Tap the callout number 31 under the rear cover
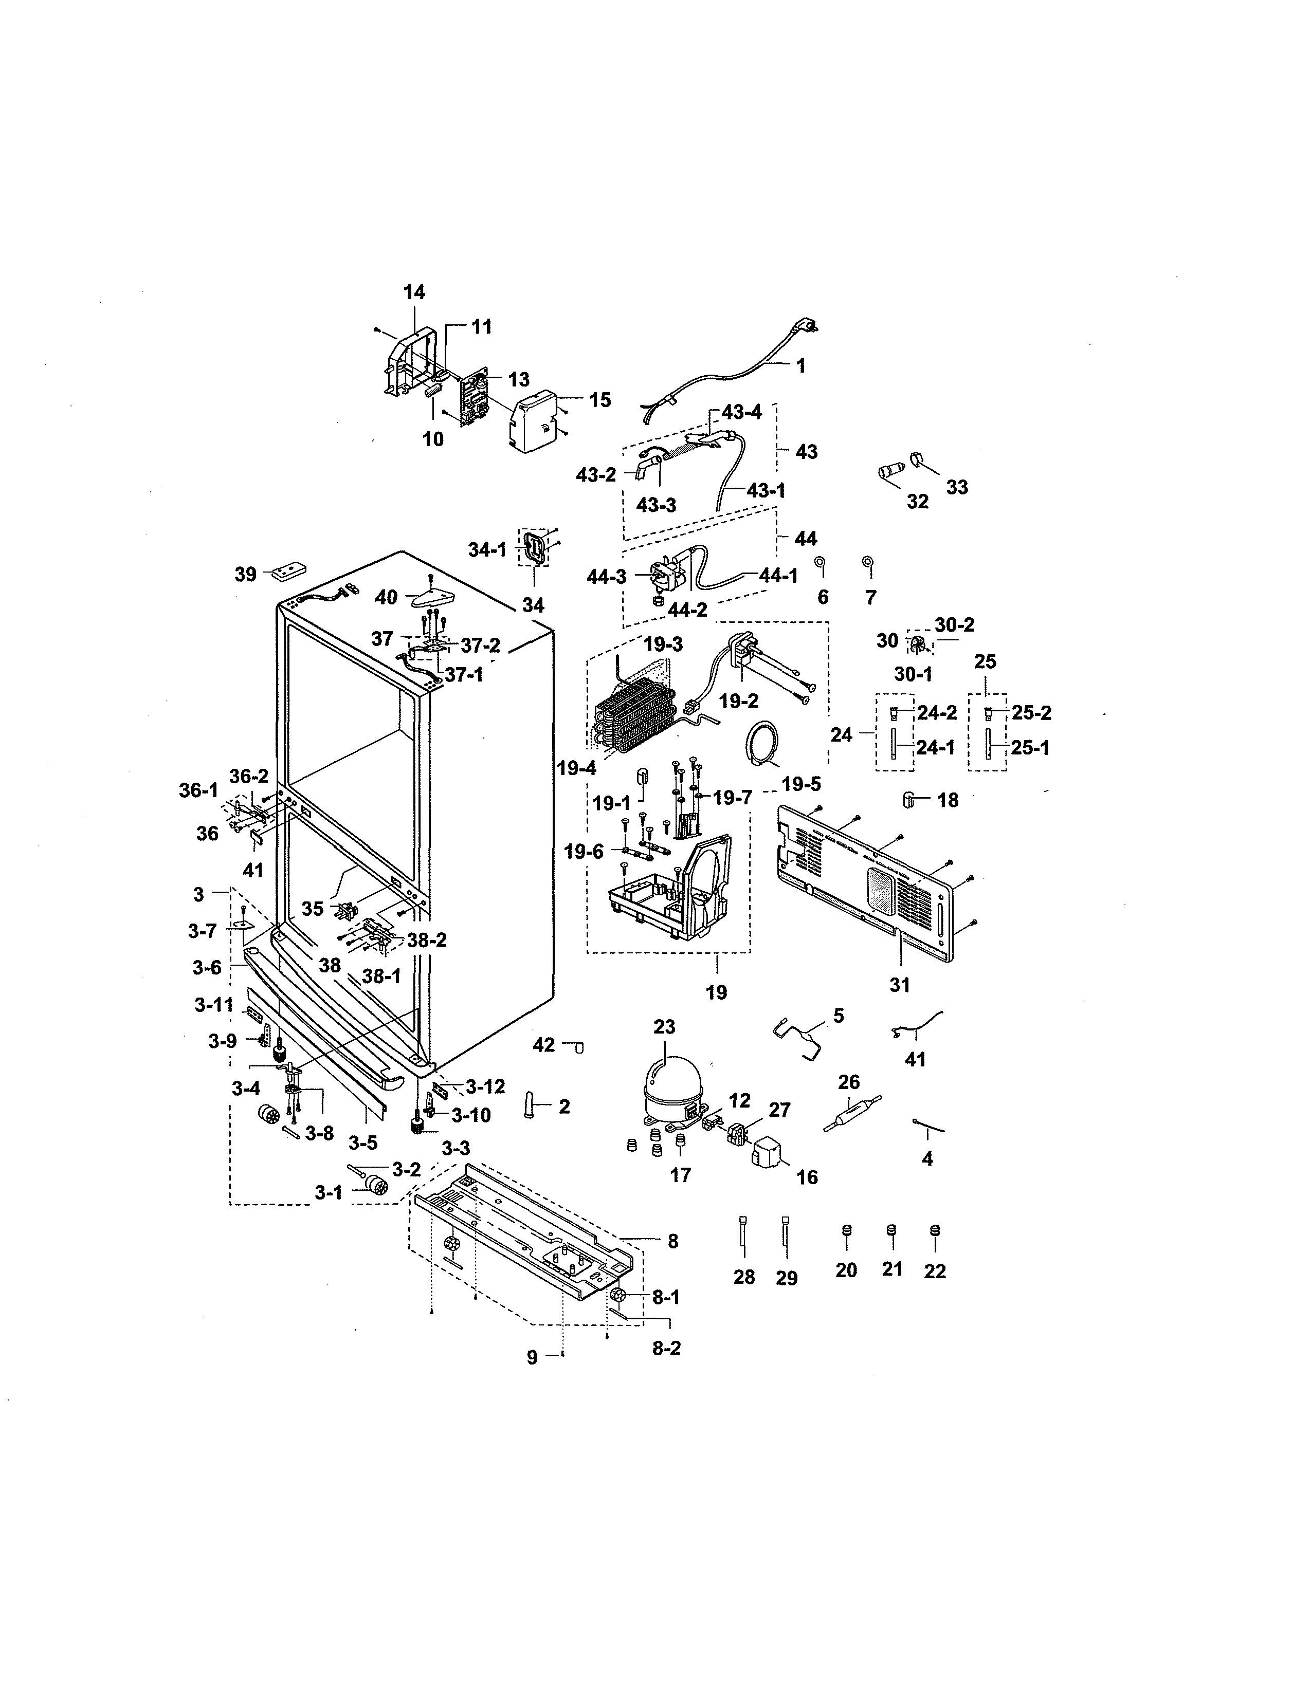point(899,985)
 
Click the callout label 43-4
point(742,412)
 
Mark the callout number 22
point(934,1270)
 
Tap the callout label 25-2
point(1031,713)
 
